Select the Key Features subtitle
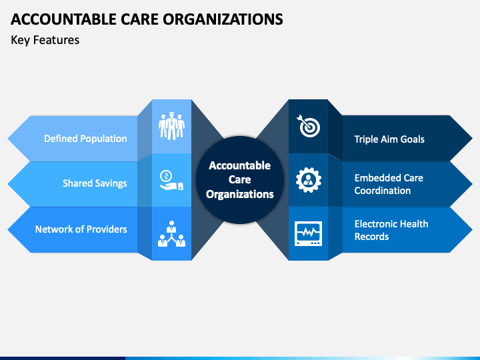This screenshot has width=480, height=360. tap(45, 40)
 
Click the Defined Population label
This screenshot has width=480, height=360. tap(85, 139)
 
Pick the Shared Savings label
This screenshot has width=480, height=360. tap(95, 183)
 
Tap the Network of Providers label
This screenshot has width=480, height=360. tap(81, 229)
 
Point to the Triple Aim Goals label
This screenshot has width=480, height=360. tap(389, 139)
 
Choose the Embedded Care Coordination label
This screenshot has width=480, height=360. tap(389, 184)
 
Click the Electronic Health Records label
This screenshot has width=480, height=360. tap(391, 230)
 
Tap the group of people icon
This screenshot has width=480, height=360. tap(171, 127)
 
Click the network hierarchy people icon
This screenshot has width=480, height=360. tap(171, 234)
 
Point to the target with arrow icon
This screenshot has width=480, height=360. tap(309, 125)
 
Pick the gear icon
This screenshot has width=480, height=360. tap(309, 179)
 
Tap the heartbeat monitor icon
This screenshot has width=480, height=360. tap(309, 234)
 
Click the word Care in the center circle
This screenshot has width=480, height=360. tap(240, 180)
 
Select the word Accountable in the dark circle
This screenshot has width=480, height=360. tap(240, 165)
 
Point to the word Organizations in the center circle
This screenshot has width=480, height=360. tap(240, 195)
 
